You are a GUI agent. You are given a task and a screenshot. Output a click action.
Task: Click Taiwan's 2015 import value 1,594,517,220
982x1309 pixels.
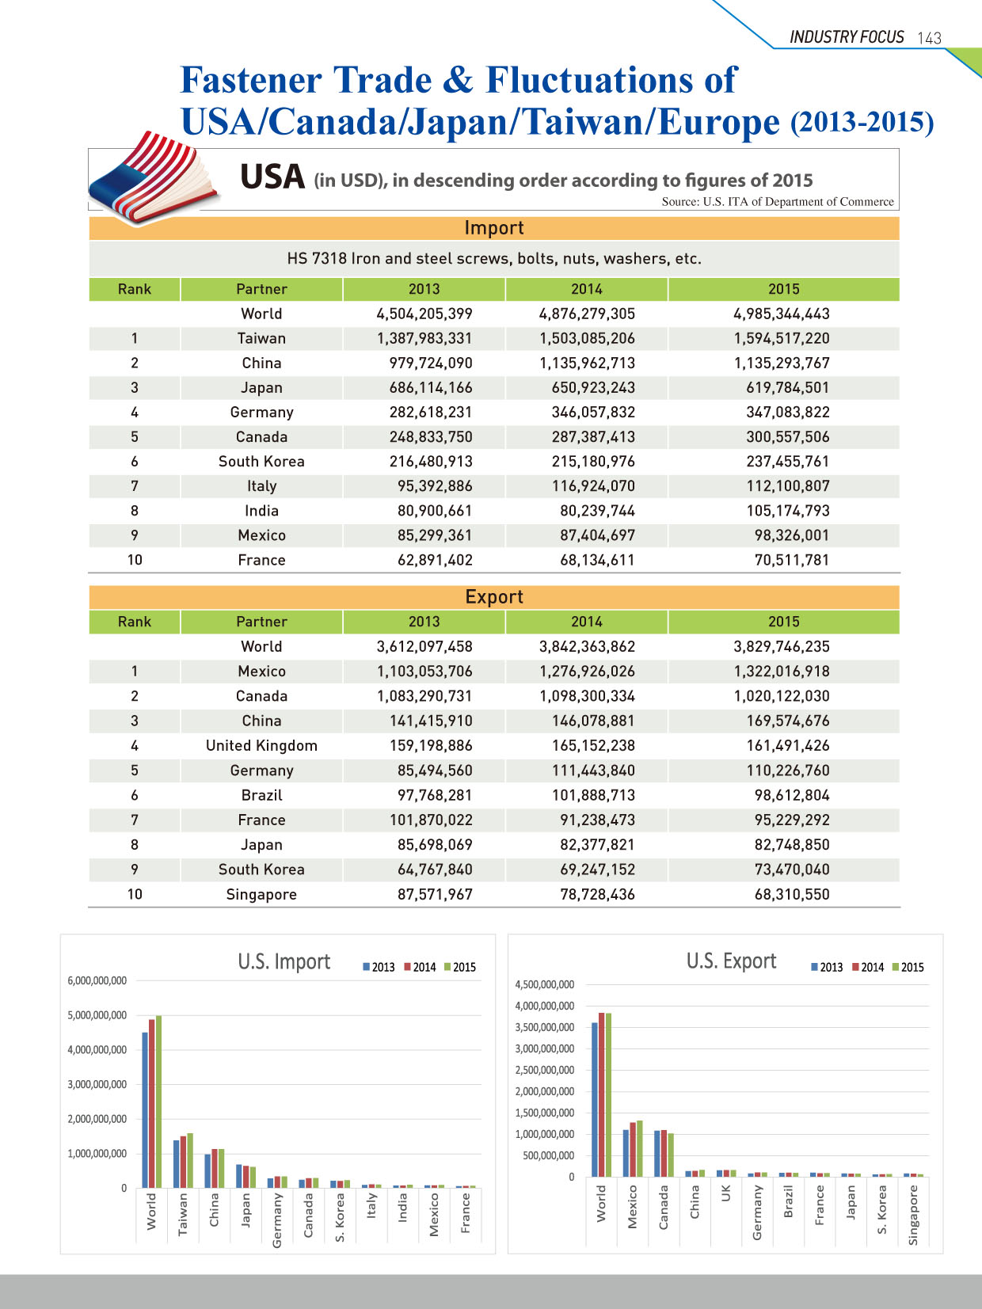(x=781, y=339)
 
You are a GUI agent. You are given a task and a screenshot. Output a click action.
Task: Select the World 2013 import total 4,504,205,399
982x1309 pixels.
(x=424, y=314)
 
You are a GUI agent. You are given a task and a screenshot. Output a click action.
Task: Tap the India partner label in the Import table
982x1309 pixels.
(x=261, y=511)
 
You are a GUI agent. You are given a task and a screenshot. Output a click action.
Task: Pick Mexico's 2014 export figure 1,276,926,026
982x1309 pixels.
(x=587, y=672)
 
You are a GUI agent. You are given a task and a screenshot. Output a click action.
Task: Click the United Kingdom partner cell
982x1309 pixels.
(x=261, y=745)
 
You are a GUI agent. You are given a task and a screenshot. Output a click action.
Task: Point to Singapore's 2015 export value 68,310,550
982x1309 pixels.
(x=792, y=895)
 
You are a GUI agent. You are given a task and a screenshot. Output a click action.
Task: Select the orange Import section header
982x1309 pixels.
(x=493, y=228)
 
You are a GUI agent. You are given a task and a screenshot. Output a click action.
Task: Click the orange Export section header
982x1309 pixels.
(x=493, y=597)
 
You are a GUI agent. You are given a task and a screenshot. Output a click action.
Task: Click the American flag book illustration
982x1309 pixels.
(x=154, y=177)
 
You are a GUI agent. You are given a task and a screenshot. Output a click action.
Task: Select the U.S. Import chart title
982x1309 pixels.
(x=284, y=962)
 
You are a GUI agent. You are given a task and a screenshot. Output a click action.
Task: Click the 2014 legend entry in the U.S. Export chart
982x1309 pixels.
(x=867, y=967)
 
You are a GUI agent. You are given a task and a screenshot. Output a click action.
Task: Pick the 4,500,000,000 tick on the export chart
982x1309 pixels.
(x=544, y=984)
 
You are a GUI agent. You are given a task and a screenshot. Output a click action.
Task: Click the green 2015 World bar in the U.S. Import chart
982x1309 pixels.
(x=158, y=1102)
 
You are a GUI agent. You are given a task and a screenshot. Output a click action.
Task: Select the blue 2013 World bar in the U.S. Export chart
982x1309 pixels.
(x=595, y=1100)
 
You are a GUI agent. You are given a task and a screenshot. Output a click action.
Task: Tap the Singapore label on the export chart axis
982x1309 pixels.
(x=913, y=1215)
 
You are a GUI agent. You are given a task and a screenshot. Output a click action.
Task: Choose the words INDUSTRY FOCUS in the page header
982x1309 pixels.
(x=847, y=37)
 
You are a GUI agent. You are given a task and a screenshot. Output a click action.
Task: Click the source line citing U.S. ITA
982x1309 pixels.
(x=778, y=202)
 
